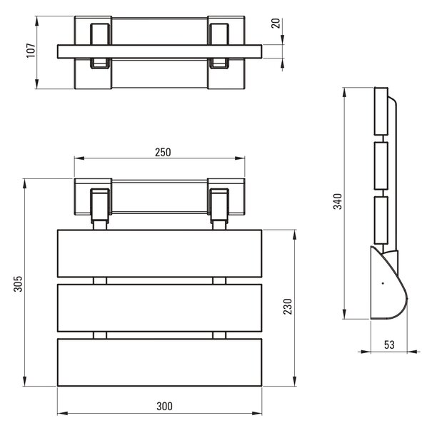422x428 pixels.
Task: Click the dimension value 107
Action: coord(31,50)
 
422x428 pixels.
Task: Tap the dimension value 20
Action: coord(276,24)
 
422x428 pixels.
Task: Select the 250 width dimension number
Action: coord(163,153)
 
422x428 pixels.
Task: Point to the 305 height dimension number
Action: coord(18,284)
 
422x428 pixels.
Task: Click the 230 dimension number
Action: coord(288,307)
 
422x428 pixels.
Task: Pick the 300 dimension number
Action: coord(164,407)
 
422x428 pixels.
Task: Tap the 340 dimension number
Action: coord(338,201)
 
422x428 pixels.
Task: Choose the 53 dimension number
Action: coord(389,345)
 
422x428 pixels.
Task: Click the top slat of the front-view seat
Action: coord(160,253)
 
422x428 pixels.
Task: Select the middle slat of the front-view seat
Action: coord(160,308)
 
